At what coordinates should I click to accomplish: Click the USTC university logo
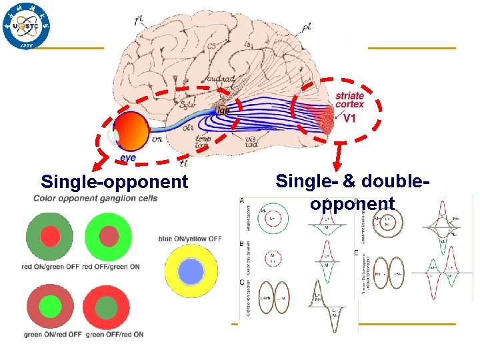[26, 26]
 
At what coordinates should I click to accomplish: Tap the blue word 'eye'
[128, 158]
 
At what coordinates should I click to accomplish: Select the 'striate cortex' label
[349, 100]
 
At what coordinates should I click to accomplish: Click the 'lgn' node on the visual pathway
[221, 109]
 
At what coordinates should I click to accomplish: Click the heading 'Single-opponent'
[115, 181]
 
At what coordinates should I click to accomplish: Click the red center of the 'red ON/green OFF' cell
[50, 236]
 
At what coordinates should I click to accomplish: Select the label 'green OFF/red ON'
[115, 334]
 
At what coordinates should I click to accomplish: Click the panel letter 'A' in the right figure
[241, 201]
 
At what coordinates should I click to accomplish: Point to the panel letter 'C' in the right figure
[241, 282]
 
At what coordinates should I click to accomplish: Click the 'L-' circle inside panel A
[273, 219]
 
